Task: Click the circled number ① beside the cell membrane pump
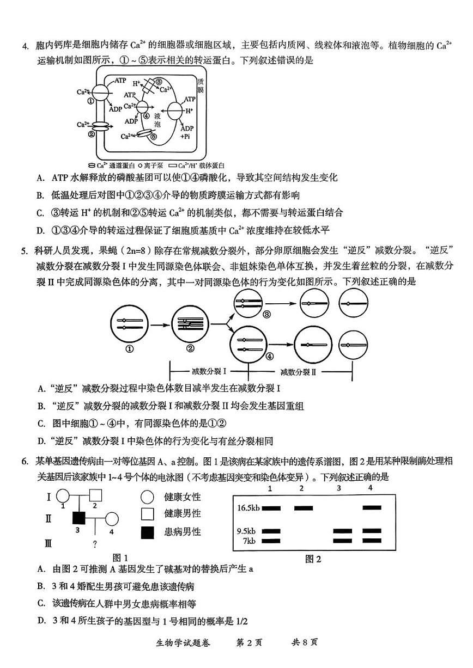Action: tap(90, 100)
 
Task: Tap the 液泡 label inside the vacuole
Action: tap(158, 120)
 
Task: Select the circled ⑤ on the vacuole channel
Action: tap(154, 137)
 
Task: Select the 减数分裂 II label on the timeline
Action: tap(298, 372)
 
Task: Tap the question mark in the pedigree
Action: tap(95, 543)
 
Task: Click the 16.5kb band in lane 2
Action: tap(304, 508)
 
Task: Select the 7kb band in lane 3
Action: tap(343, 541)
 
